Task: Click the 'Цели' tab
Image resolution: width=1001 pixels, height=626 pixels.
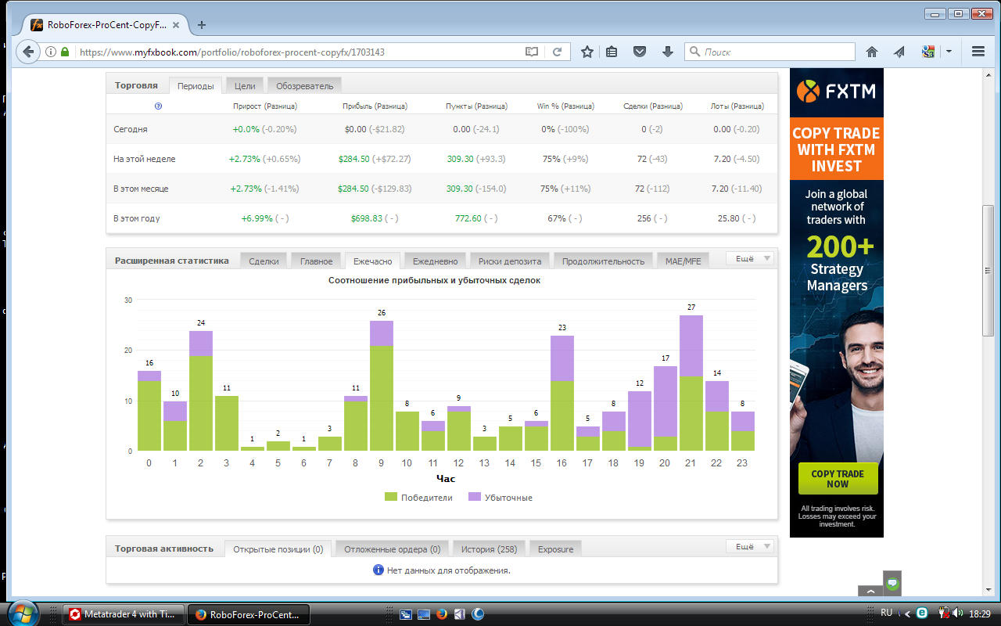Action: (245, 86)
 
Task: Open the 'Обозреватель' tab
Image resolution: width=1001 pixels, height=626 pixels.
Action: (304, 86)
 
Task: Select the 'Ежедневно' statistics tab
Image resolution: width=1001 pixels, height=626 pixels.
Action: (435, 261)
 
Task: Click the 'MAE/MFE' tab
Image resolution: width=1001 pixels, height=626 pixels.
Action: (683, 261)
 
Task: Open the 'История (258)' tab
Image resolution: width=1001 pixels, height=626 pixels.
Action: (489, 549)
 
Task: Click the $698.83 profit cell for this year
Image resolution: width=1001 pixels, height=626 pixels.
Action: (367, 218)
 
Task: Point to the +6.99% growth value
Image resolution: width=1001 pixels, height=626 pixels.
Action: (257, 218)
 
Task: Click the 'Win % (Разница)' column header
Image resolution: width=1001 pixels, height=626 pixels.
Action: (565, 106)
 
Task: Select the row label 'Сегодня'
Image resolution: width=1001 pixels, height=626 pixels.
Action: (130, 129)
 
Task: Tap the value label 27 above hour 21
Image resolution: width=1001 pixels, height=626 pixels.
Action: (691, 308)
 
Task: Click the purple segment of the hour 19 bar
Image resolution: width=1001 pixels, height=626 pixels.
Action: (640, 419)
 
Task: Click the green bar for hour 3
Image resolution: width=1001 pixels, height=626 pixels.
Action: (227, 423)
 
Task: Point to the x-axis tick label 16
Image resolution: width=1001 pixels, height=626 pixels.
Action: (561, 462)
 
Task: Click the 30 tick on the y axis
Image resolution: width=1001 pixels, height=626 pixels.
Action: (128, 300)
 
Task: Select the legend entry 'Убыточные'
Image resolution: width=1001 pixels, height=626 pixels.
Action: (500, 497)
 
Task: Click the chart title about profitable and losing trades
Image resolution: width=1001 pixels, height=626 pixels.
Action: (434, 280)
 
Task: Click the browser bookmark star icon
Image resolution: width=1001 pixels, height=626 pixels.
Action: (587, 52)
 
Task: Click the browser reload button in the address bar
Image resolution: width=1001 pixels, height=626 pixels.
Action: (557, 52)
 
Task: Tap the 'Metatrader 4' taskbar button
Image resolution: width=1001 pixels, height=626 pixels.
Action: (123, 614)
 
